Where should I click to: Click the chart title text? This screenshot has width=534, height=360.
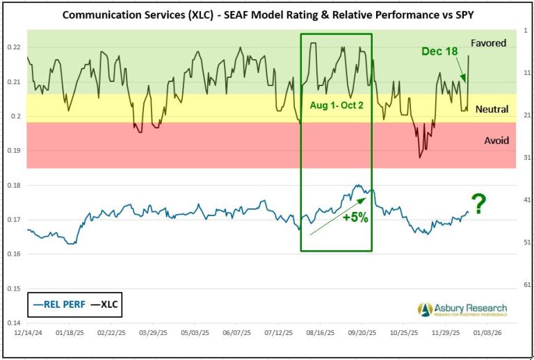click(x=267, y=14)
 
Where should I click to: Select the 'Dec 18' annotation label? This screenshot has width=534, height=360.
click(x=439, y=51)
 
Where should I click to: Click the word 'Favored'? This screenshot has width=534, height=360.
click(x=488, y=43)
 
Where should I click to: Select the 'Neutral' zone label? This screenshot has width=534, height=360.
click(x=492, y=109)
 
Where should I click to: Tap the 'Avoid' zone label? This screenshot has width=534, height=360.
click(x=496, y=140)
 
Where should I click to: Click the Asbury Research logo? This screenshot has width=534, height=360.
click(x=462, y=309)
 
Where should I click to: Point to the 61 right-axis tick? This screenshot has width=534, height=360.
click(x=526, y=285)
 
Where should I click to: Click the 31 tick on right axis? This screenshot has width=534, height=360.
click(x=526, y=157)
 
